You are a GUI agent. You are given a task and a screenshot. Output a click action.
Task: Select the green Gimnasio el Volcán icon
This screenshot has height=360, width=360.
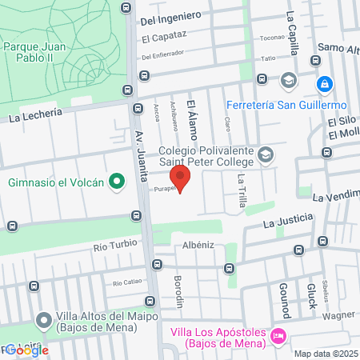117,182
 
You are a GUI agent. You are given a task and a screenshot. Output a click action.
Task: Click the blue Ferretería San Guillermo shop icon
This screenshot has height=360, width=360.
324,84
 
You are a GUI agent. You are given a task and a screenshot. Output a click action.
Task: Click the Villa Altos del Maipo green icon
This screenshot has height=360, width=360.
44,320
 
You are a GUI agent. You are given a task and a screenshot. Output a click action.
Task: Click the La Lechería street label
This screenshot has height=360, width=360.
46,114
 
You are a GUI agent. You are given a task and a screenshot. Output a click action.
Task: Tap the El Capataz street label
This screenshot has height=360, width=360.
164,38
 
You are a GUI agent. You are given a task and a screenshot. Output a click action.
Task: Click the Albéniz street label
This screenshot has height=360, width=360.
198,245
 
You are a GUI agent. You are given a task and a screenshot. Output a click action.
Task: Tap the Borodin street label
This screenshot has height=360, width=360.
179,293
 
